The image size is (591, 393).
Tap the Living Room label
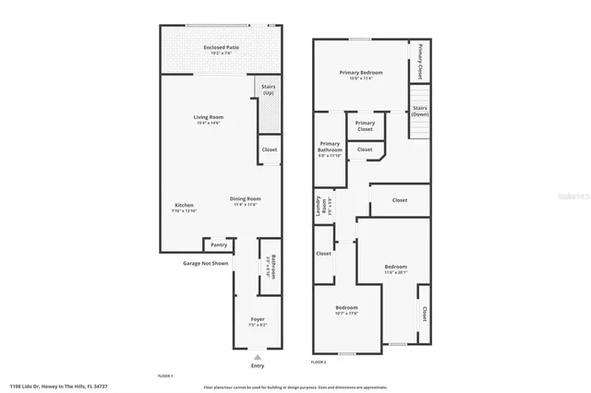[209, 117]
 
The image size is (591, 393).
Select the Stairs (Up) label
[269, 90]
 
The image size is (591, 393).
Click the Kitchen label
[185, 205]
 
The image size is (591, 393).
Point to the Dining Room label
[246, 198]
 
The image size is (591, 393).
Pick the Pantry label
[219, 245]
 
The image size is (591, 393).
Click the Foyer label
[258, 319]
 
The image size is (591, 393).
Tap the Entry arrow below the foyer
[258, 356]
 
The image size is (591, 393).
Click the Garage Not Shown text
[205, 263]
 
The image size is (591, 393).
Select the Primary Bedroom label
[361, 72]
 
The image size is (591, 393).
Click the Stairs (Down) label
[420, 110]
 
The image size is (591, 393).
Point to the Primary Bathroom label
[330, 146]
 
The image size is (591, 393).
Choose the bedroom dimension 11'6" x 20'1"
[395, 272]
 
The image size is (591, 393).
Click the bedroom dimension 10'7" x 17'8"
[346, 314]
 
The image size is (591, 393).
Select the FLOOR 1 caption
[165, 375]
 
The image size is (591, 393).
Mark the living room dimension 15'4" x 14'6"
[209, 124]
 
